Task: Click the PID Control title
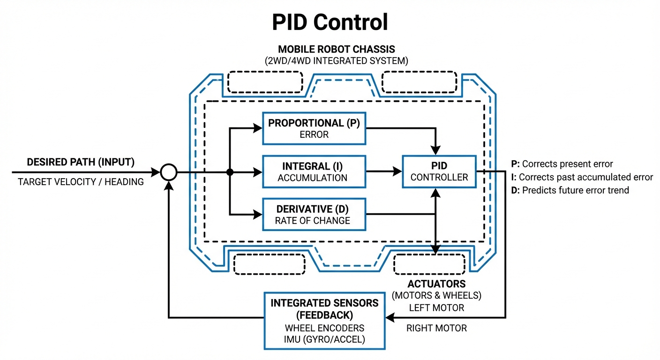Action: [x=330, y=22]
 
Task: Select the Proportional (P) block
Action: [x=314, y=128]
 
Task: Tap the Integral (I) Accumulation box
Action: [x=314, y=172]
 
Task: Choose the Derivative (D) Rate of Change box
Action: [x=314, y=215]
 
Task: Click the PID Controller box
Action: [x=439, y=172]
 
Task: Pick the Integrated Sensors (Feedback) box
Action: [x=324, y=321]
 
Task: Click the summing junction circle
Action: [x=169, y=172]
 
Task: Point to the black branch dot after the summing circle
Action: [x=230, y=172]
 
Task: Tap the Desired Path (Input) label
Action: [x=81, y=162]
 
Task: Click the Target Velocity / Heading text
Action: [x=81, y=182]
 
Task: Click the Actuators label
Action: [x=436, y=284]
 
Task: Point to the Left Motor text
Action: [x=436, y=308]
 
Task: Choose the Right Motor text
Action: [x=436, y=328]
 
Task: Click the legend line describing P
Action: [x=562, y=164]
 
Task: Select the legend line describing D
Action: [x=570, y=190]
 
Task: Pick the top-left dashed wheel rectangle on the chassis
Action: [x=265, y=82]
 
